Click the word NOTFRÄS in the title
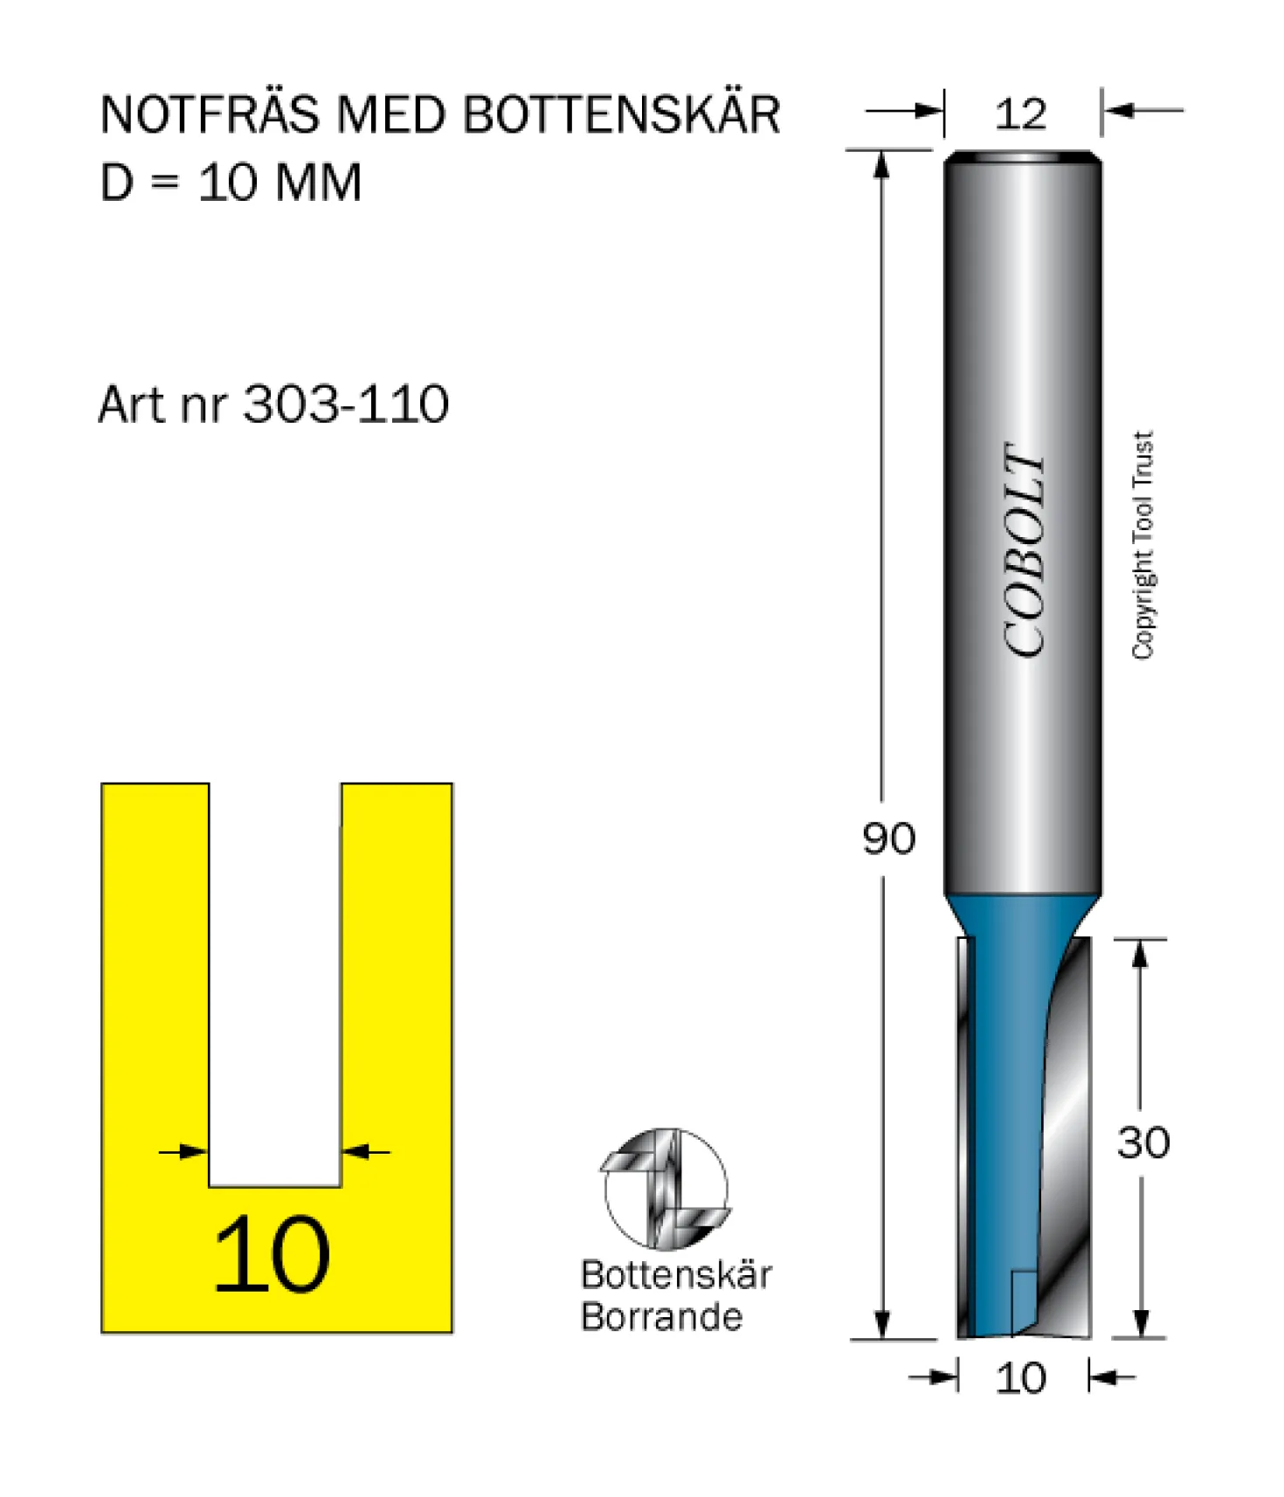coord(210,114)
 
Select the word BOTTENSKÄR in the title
coord(621,114)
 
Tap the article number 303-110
coord(346,404)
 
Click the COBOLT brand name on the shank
coord(1024,549)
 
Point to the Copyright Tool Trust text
coord(1143,545)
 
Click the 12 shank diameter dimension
coord(1020,114)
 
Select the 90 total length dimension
coord(888,838)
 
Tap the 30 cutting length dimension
coord(1143,1142)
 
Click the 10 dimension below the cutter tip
coord(1020,1378)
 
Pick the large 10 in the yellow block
coord(272,1255)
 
